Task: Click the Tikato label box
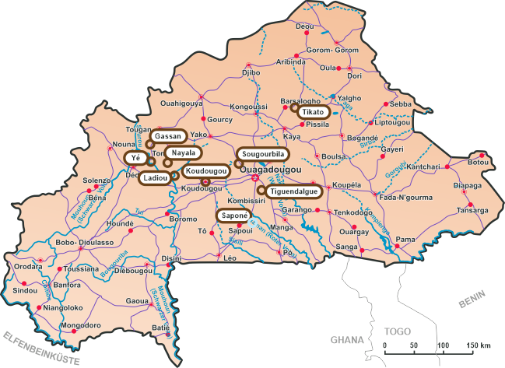(317, 112)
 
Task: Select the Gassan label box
(168, 136)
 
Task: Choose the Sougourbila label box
(261, 152)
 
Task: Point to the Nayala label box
(184, 152)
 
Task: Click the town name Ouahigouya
(181, 103)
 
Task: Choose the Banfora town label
(67, 285)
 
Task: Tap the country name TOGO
(397, 330)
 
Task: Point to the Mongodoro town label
(81, 324)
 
